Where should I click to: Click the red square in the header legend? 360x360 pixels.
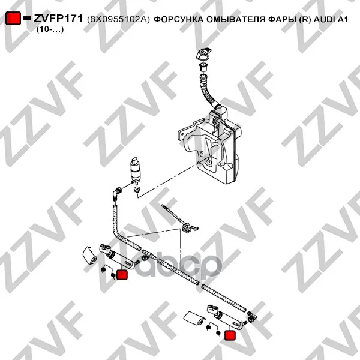[13, 18]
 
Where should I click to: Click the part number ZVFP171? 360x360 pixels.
[58, 19]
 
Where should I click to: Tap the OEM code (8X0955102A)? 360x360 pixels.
[118, 20]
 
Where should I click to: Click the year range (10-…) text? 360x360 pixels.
[50, 29]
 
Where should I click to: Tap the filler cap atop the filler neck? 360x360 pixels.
[204, 53]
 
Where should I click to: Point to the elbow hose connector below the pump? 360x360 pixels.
[116, 194]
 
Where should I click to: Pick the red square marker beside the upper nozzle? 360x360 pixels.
[122, 275]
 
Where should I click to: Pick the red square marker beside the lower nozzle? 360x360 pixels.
[230, 335]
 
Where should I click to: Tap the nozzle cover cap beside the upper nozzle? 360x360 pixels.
[89, 256]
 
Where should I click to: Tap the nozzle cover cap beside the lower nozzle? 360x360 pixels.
[194, 319]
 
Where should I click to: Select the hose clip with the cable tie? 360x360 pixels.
[181, 220]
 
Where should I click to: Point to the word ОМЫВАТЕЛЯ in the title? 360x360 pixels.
[236, 20]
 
